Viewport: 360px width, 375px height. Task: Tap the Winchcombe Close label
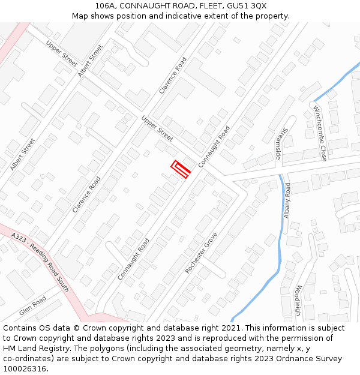(319, 133)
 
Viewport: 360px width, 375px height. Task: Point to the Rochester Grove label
(201, 253)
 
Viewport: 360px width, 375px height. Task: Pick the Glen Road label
(32, 306)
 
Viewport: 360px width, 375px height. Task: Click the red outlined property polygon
(181, 169)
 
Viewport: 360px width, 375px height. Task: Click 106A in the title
(106, 5)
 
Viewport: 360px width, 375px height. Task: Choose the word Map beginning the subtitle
(80, 16)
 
